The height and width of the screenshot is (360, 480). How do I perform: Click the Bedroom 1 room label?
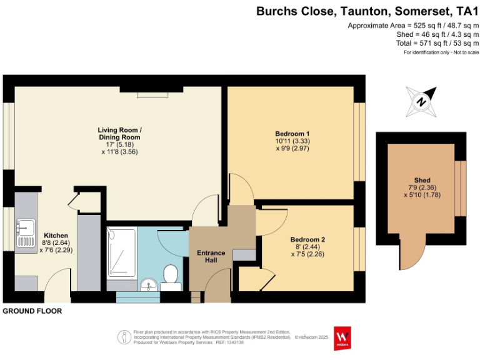click(292, 133)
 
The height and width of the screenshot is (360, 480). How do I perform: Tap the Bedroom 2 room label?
click(307, 239)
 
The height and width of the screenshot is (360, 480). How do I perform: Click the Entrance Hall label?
click(211, 256)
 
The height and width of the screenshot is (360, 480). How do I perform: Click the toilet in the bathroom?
click(169, 275)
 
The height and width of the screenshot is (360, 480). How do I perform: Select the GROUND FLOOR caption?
click(32, 311)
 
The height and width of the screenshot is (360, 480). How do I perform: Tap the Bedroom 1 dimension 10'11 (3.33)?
click(292, 141)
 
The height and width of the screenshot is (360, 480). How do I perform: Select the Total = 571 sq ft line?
click(421, 44)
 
